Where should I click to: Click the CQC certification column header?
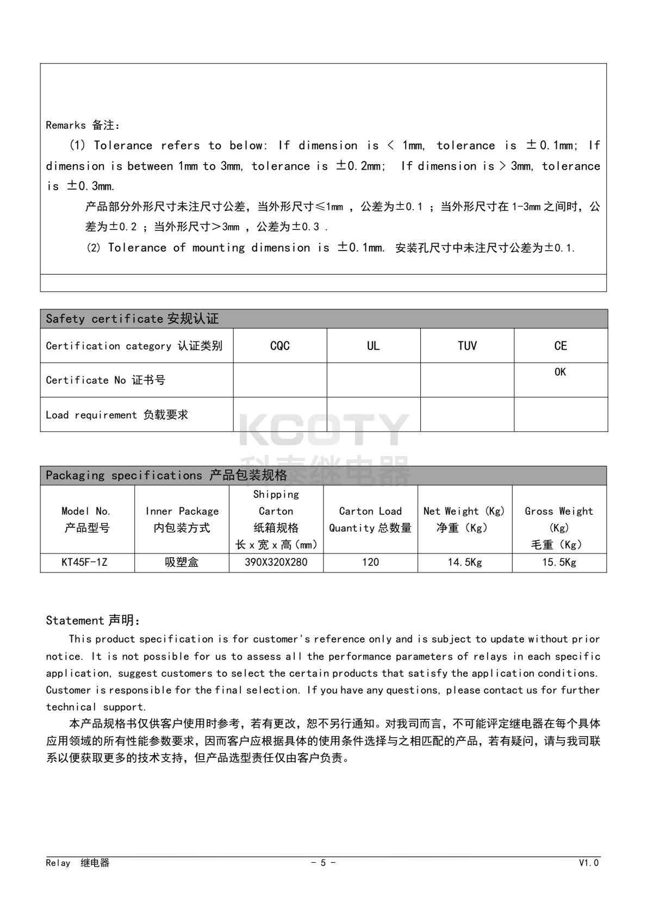pos(279,346)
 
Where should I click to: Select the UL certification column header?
pos(373,346)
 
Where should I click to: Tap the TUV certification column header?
pos(467,346)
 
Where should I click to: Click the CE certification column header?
pos(561,346)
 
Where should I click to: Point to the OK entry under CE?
pos(560,372)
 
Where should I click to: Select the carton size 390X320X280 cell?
pos(276,562)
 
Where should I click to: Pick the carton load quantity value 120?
pos(370,562)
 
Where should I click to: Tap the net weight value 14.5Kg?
pos(464,562)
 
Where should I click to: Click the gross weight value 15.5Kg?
pos(559,562)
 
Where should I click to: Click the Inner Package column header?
pos(182,519)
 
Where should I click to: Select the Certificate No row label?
pos(105,380)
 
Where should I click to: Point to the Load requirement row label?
pos(117,415)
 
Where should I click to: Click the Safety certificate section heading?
pos(132,319)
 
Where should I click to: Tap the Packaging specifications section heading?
pos(166,475)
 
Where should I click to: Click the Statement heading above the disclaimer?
pos(93,620)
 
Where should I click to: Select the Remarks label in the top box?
pos(83,125)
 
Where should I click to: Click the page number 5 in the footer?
pos(323,863)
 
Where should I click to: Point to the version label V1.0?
pos(589,863)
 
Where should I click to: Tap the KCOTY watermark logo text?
pos(323,430)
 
